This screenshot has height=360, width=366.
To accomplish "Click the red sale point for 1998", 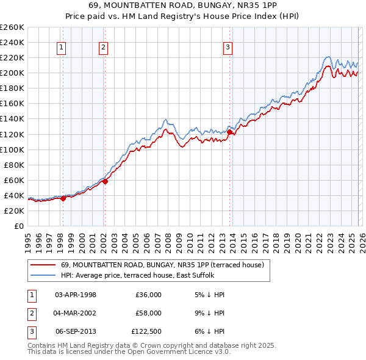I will coord(63,198).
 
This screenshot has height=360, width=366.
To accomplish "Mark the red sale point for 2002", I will coord(105,181).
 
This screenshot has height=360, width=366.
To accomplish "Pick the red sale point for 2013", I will coord(229,132).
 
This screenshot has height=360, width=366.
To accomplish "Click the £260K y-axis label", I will coord(12,27).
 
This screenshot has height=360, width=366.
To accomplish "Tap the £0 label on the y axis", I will coord(19,226).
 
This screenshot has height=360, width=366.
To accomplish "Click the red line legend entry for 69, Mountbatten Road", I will coord(162,265).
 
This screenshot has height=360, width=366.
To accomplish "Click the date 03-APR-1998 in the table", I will coord(76,295).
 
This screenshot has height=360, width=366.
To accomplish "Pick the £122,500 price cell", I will coord(146,331).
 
